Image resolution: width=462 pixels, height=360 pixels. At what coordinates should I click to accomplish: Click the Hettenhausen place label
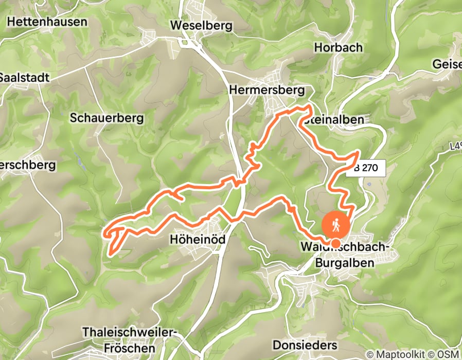point(48,22)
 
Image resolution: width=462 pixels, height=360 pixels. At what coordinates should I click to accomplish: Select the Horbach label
point(338,47)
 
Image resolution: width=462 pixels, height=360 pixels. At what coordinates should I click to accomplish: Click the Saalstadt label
point(24,78)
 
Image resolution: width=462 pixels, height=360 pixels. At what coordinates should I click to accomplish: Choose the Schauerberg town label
point(106,117)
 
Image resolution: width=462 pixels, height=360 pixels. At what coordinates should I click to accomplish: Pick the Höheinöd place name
point(198,240)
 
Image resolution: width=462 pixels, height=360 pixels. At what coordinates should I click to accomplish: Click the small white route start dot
point(335,243)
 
